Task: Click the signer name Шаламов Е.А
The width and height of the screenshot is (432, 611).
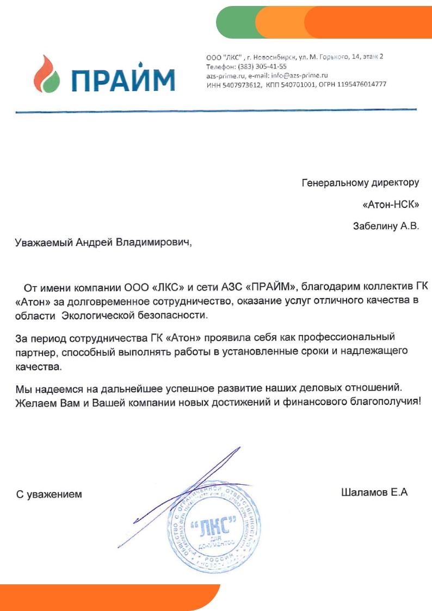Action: (374, 493)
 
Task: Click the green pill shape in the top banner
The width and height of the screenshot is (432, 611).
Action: (239, 22)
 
